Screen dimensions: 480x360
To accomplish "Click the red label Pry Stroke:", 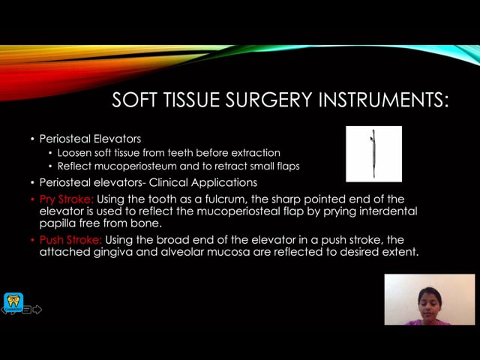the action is click(67, 199).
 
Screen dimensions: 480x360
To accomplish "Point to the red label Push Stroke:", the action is click(70, 240).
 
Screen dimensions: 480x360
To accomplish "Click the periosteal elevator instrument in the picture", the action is click(373, 153).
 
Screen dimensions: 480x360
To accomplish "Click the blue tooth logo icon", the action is click(13, 302).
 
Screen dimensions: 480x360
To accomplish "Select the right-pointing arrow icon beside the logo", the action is click(37, 310).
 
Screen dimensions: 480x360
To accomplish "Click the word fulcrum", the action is click(225, 199).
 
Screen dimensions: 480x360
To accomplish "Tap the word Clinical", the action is click(168, 182).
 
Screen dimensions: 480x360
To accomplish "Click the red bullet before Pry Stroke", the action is click(32, 199).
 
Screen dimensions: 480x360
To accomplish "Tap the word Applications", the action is click(223, 183).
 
